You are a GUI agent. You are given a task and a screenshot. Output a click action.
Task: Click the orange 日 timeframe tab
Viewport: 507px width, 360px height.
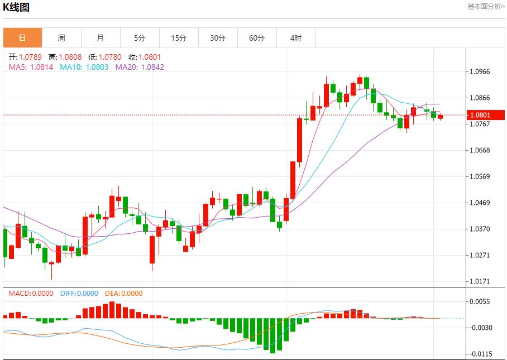[22, 38]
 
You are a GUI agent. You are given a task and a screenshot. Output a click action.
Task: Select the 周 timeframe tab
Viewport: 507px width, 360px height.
[61, 38]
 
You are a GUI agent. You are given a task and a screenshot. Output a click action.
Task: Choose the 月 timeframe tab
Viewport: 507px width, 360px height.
[101, 38]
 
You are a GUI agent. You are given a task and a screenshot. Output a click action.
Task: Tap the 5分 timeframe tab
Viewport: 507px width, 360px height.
[140, 38]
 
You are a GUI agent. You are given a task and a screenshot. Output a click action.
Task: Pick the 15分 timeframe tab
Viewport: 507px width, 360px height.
[179, 38]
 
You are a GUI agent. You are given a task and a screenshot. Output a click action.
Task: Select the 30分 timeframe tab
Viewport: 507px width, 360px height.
[218, 38]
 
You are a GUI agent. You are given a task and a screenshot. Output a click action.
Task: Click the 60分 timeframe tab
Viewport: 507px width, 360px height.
[257, 38]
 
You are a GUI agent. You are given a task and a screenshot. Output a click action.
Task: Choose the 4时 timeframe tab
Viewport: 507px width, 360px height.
[296, 38]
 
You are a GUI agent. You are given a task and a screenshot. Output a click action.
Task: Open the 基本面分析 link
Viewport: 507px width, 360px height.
[485, 6]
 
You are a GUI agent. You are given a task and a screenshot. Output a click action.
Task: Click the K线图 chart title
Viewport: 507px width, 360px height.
[17, 8]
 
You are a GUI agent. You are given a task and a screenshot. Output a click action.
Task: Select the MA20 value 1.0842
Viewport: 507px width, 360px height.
[152, 67]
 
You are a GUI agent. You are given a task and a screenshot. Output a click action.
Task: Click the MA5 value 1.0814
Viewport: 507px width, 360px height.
[42, 67]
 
